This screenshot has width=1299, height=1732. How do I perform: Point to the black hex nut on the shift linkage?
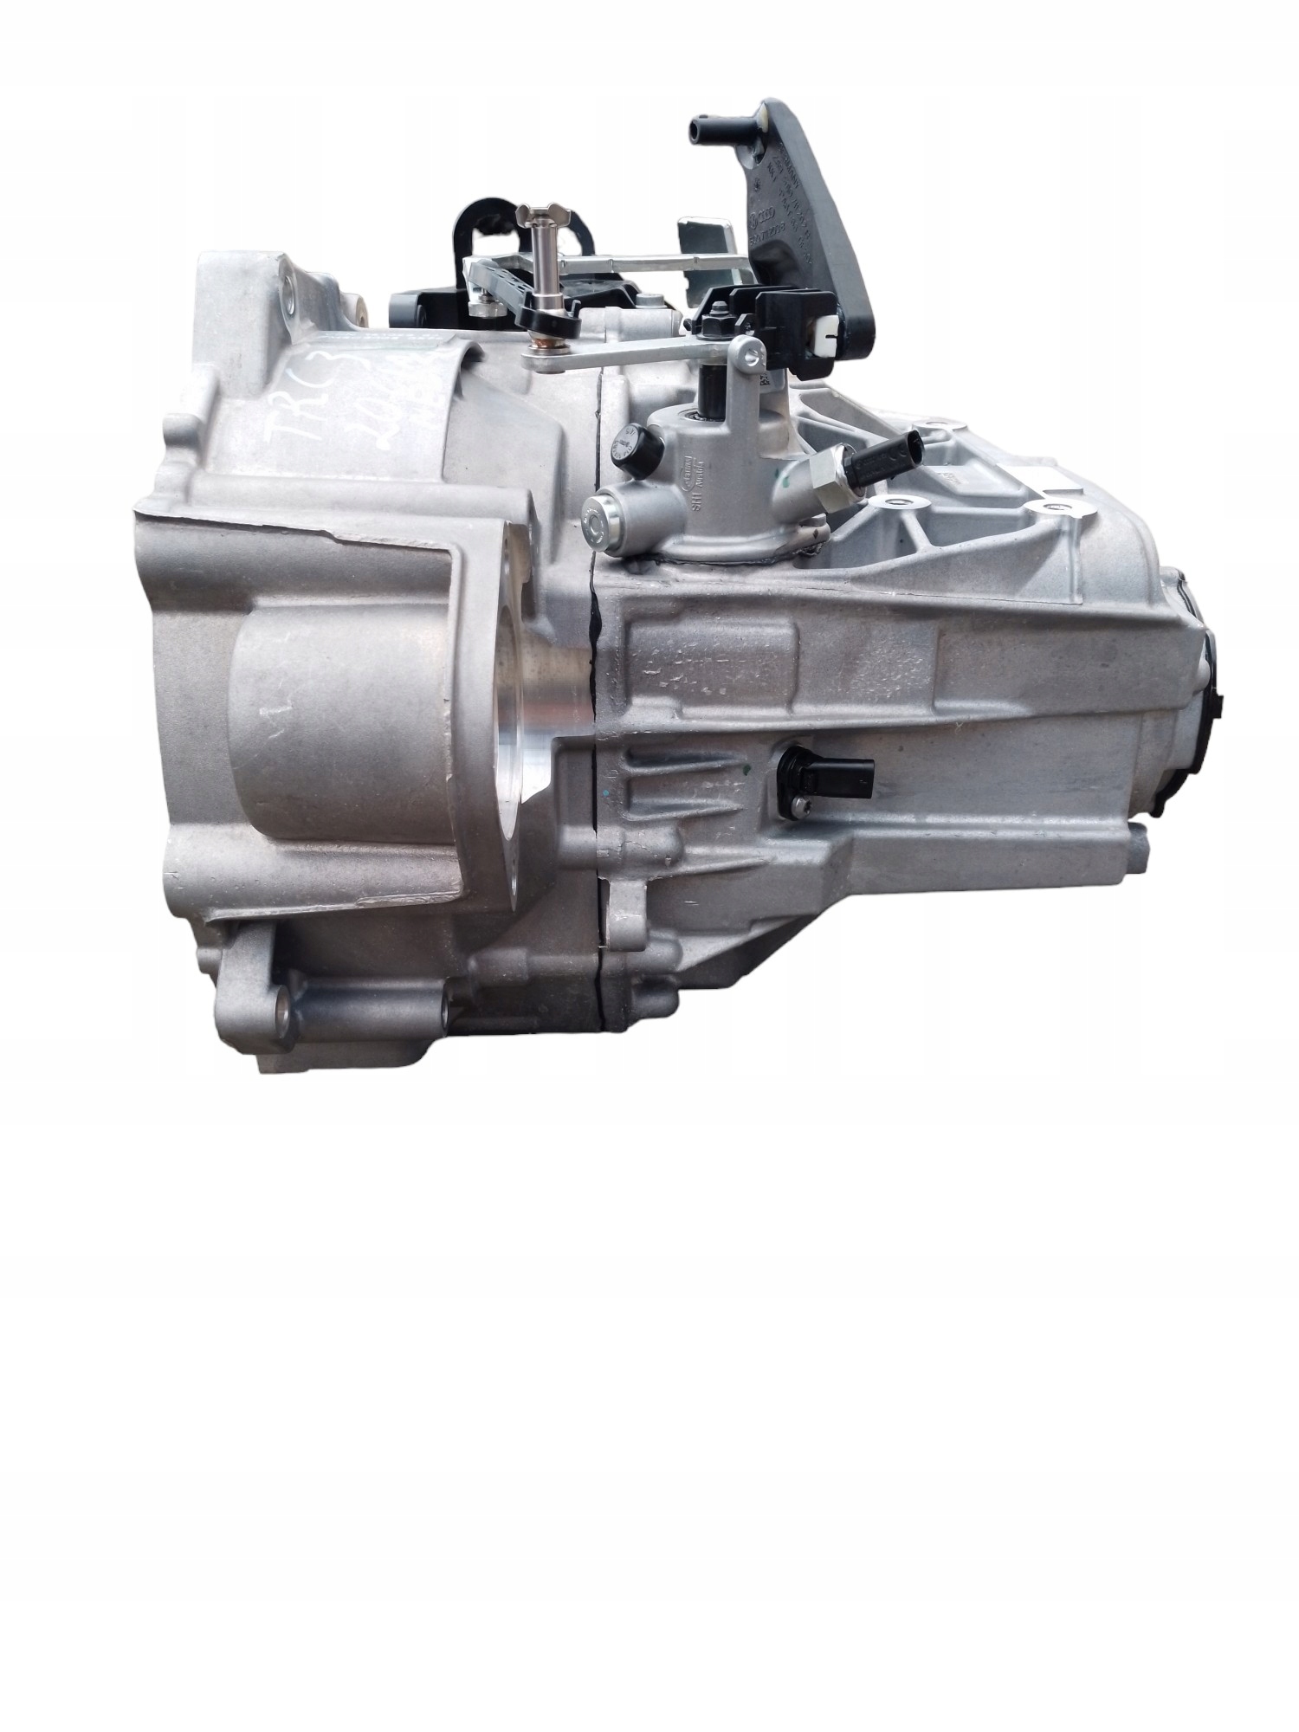coord(714,325)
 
